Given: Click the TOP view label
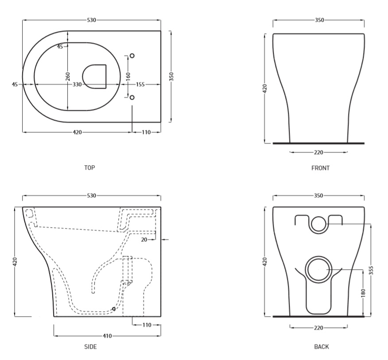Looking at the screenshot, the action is (89, 168).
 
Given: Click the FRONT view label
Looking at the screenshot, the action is (320, 168).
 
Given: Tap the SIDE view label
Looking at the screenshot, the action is (90, 347).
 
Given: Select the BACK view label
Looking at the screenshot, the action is (322, 347).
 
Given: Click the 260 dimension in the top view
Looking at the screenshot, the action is (68, 76).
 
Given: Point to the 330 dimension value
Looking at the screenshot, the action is (77, 85).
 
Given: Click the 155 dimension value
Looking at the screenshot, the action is (140, 85).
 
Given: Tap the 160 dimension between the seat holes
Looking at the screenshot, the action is (128, 76).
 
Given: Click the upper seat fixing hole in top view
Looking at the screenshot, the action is (132, 56).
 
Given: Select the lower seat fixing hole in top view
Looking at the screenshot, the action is (132, 97).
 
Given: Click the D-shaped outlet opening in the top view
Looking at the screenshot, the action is (83, 77).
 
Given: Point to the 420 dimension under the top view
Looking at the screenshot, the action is (77, 132).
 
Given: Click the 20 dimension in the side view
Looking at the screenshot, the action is (144, 240).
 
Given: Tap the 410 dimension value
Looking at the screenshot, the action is (107, 336).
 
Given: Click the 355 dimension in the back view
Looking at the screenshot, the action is (371, 270).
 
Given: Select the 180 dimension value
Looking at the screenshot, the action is (363, 293).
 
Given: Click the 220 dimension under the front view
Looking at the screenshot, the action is (318, 152).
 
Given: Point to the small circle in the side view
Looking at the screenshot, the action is (114, 309).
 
